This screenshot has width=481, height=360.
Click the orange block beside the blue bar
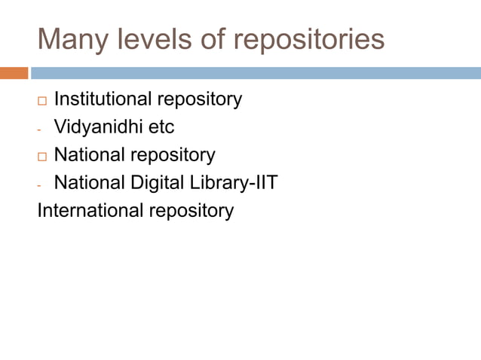pos(14,73)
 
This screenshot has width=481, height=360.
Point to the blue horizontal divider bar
pos(256,73)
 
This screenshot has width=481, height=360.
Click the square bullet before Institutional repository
pos(41,100)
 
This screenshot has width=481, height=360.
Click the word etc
pos(161,127)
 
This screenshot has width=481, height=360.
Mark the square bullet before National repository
pos(41,157)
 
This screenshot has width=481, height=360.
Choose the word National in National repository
pos(89,154)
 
